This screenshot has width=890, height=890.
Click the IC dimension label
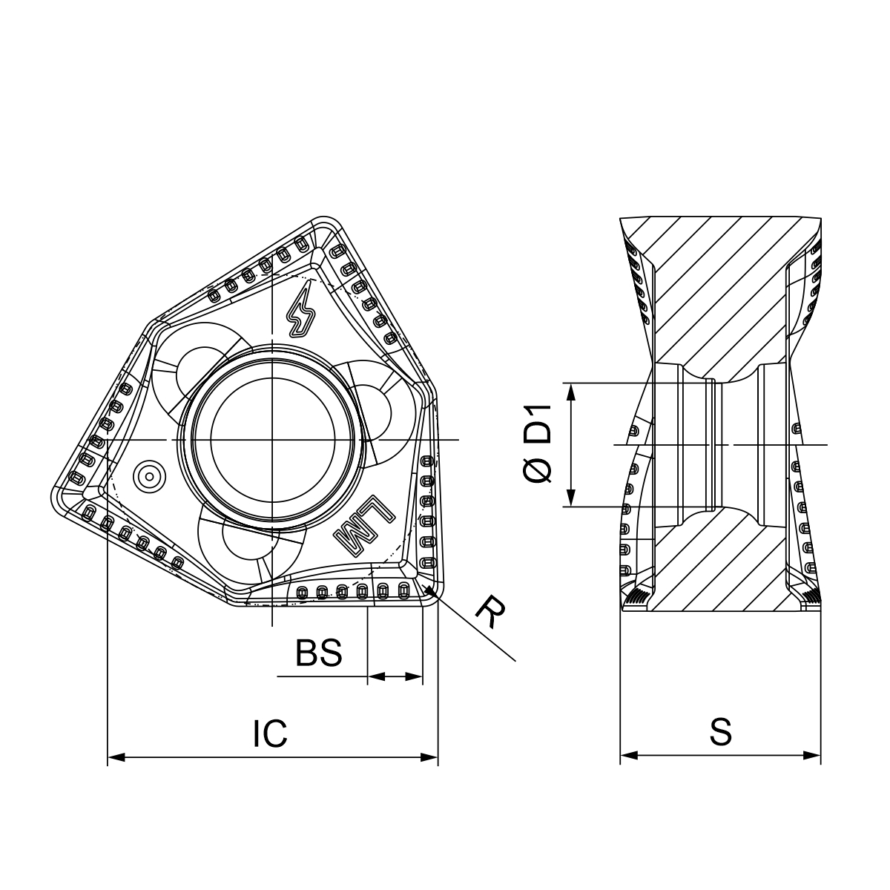pyautogui.click(x=270, y=733)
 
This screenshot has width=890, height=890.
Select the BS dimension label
pyautogui.click(x=319, y=652)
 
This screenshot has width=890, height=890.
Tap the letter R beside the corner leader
pyautogui.click(x=490, y=612)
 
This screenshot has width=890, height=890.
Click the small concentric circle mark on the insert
pyautogui.click(x=149, y=475)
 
